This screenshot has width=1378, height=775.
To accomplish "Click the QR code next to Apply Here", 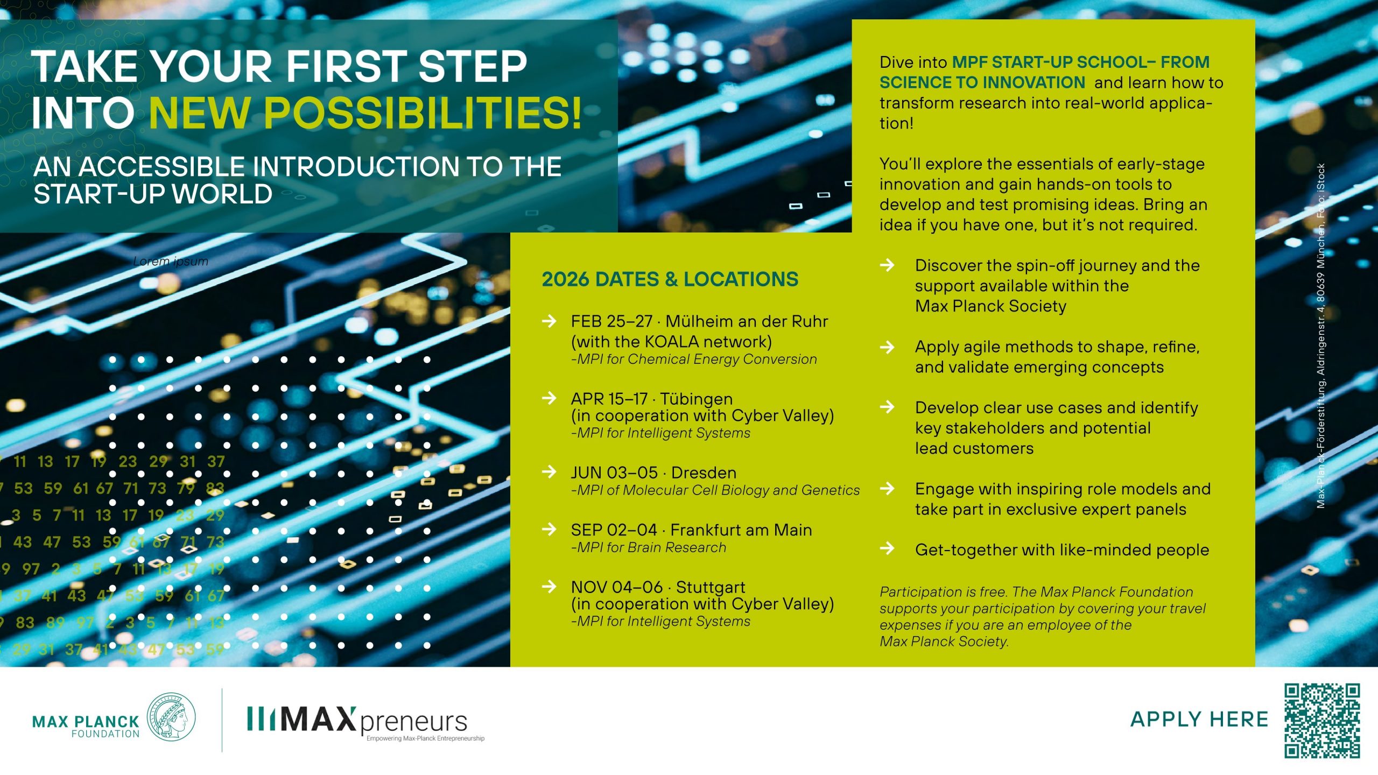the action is tap(1322, 720).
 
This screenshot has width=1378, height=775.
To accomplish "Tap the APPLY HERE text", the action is tap(1199, 720).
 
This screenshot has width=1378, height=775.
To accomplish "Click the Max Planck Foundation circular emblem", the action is tap(171, 717).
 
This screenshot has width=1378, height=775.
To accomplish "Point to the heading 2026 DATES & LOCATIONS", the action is tap(670, 279).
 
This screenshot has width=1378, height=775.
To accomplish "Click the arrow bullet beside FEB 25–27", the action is tap(549, 321).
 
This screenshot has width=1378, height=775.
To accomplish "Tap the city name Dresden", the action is tap(704, 473).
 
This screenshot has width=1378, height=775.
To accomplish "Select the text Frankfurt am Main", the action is tap(741, 530).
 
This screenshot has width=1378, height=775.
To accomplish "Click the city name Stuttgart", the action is tap(711, 587).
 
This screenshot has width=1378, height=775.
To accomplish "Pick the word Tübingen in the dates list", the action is tap(696, 399).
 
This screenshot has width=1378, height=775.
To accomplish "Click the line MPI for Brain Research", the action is tap(649, 548).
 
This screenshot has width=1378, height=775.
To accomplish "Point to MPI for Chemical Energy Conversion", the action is tap(694, 360).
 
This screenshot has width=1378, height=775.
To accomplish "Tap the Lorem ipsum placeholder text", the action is tap(171, 262).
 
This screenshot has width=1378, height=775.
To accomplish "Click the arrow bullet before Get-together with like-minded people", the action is tap(887, 548).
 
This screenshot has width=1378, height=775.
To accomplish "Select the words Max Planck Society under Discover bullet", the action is tap(990, 306).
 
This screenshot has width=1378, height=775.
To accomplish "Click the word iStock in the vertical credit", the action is tap(1320, 177).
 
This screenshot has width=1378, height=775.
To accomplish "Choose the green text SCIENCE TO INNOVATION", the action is tap(982, 82).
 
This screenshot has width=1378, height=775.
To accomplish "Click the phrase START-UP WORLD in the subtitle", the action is tap(153, 194).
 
